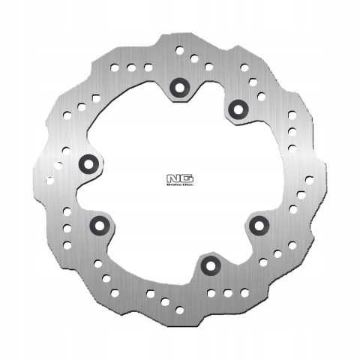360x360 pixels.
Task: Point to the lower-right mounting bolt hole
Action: tap(260, 223)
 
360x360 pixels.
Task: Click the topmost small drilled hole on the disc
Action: tap(179, 50)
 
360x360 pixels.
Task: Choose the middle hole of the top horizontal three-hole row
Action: tap(130, 68)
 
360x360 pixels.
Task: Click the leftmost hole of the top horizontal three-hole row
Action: tap(116, 68)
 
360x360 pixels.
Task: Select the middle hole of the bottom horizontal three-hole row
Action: tap(224, 290)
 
